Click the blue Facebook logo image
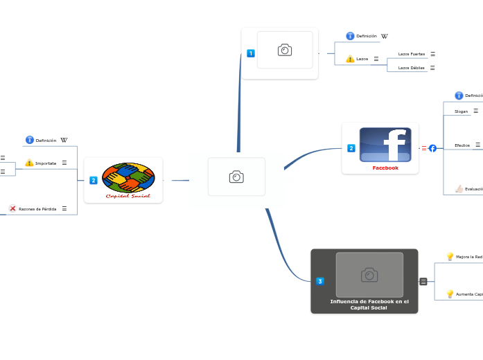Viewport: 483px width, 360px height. point(385,145)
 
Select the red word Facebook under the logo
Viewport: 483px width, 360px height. point(385,168)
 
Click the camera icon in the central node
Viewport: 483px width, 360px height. point(236,177)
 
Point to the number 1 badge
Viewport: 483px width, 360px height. point(251,53)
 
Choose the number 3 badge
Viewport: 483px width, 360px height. point(320,281)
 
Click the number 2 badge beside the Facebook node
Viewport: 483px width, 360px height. point(351,148)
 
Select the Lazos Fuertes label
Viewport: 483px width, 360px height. point(412,54)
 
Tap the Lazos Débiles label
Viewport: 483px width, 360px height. point(412,68)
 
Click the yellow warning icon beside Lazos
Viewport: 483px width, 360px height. point(350,59)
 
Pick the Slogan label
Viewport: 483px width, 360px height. point(461,111)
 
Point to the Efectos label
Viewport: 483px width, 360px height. point(462,145)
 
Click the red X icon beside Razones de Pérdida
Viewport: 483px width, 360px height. point(12,208)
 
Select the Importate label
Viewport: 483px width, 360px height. point(46,163)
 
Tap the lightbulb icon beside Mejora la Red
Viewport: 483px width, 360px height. point(450,257)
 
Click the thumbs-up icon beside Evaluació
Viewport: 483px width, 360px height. point(459,189)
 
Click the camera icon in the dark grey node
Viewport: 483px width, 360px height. point(369,275)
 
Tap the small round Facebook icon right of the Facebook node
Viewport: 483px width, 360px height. point(432,148)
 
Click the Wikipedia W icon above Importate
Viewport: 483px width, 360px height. point(64,141)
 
